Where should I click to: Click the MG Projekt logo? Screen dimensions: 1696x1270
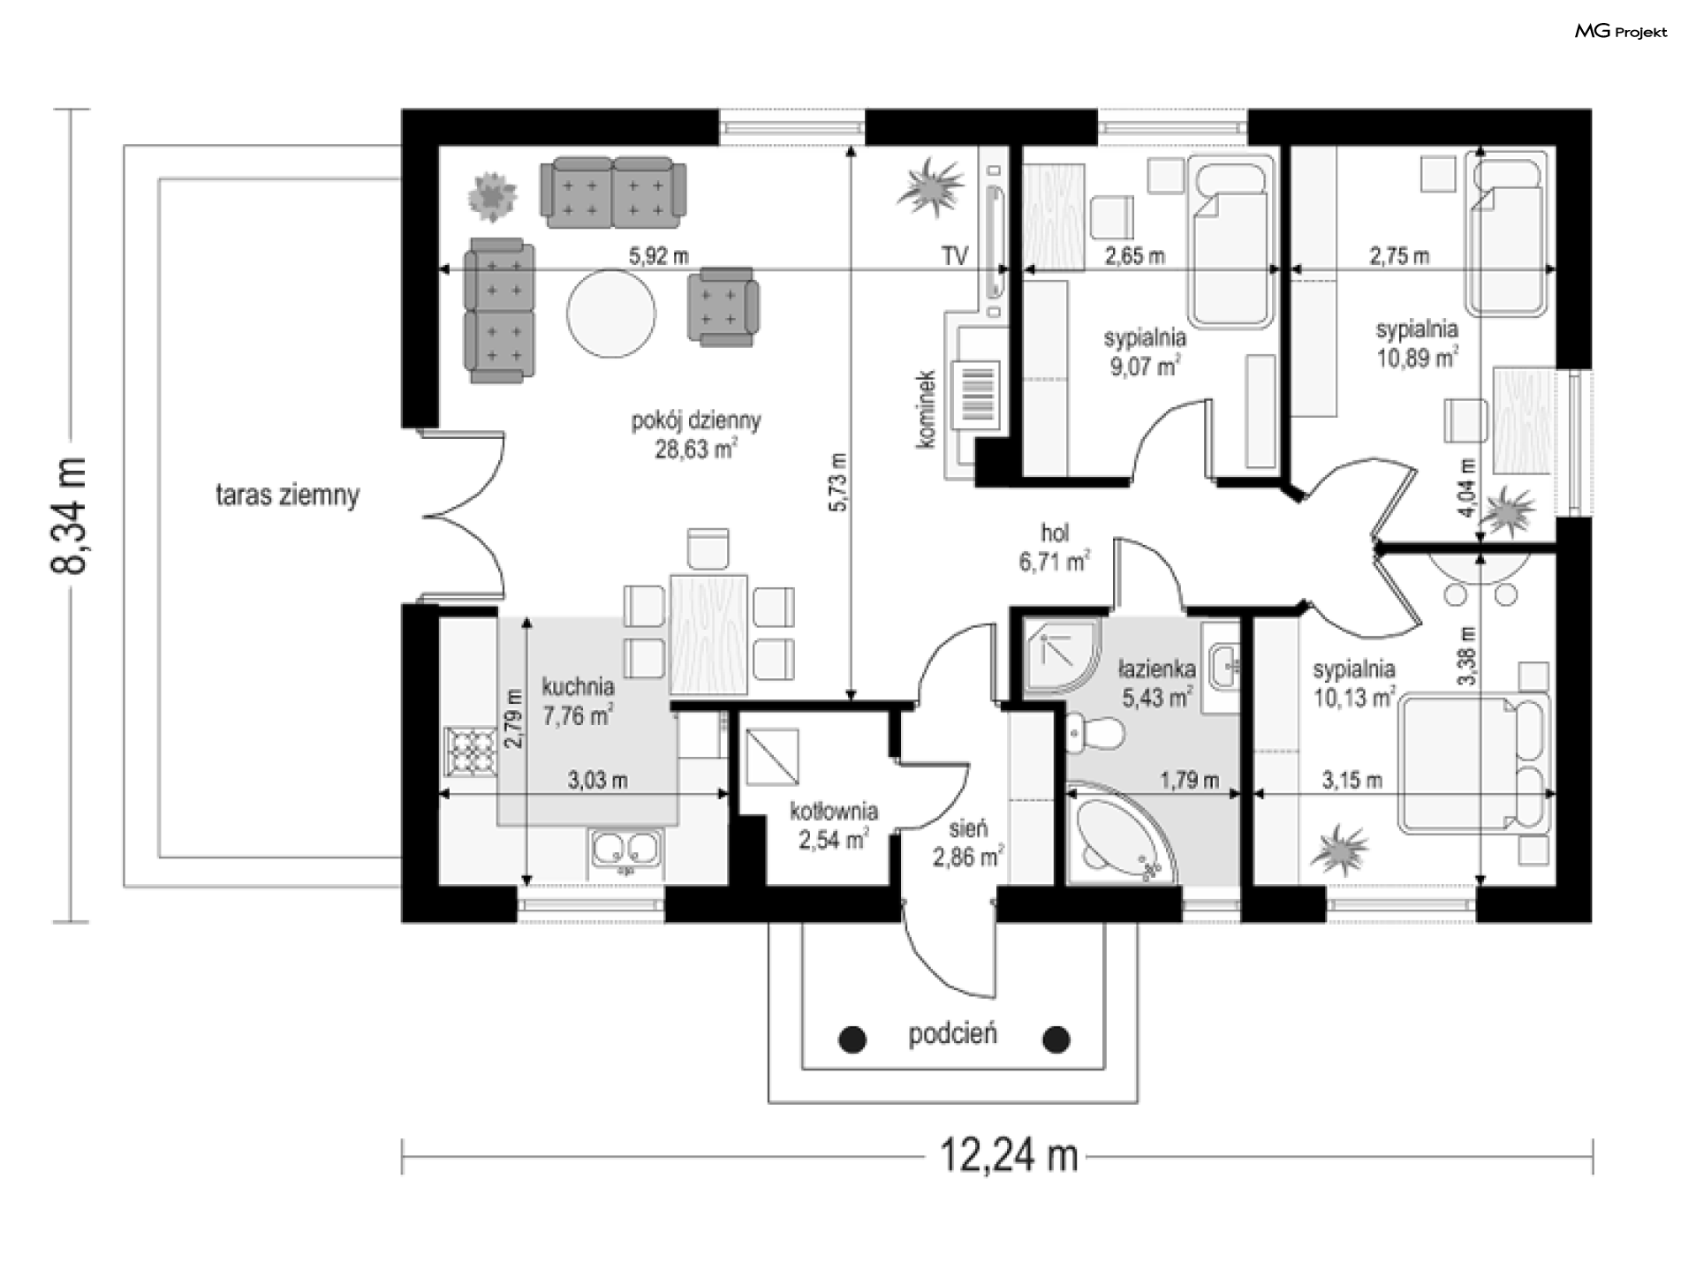tap(1622, 32)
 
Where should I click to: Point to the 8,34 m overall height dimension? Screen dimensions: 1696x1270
tap(70, 516)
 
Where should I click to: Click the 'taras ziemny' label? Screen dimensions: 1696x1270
tap(288, 495)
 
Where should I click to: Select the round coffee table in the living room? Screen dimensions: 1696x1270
tap(611, 314)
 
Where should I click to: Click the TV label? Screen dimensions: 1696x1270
tap(954, 256)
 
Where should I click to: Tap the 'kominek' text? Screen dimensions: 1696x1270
tap(926, 409)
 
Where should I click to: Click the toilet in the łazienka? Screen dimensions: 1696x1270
tap(1093, 734)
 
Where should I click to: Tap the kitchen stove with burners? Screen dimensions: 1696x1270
tap(471, 752)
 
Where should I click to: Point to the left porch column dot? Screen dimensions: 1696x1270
tap(852, 1039)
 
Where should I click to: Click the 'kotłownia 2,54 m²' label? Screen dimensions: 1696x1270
tap(834, 825)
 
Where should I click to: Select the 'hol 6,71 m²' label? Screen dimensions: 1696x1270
tap(1055, 548)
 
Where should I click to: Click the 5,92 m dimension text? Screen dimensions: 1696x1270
tap(658, 256)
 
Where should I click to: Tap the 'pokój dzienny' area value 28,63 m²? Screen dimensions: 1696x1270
tap(696, 449)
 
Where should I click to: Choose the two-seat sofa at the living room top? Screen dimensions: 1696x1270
tap(613, 192)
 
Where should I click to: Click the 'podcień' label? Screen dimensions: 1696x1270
tap(953, 1034)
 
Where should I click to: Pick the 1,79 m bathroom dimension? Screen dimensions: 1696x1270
tap(1189, 780)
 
